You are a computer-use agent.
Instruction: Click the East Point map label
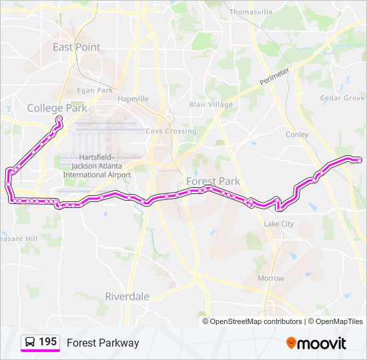point(77,47)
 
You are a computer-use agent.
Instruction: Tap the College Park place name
point(57,108)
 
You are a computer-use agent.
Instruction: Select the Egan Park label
point(95,90)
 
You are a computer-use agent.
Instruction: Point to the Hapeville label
point(133,99)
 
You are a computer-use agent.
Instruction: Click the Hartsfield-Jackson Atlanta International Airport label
point(97,165)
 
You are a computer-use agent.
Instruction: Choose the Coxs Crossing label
point(171,131)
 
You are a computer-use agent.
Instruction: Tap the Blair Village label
point(211,105)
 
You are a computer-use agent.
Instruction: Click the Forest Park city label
point(213,181)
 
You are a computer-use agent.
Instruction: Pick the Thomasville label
point(251,12)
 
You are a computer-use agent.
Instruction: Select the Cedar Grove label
point(342,98)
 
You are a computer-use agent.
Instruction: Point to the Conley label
point(297,135)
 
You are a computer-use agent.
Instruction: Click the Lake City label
point(279,224)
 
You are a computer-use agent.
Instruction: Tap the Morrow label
point(271,278)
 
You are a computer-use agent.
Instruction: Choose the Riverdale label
point(127,296)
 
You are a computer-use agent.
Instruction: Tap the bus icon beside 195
point(30,342)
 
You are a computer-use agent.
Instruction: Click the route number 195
point(48,342)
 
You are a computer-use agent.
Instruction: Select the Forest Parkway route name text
point(103,343)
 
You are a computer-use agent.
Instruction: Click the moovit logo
point(316,343)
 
